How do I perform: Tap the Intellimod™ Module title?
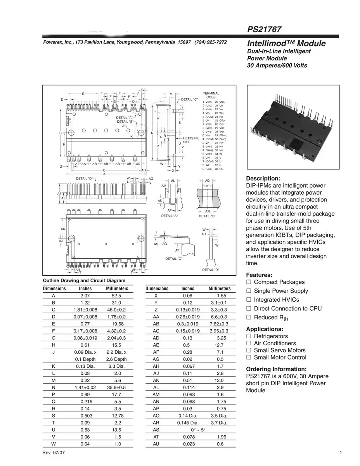click(x=286, y=43)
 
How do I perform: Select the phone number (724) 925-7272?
click(x=211, y=42)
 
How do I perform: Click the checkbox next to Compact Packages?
click(x=249, y=282)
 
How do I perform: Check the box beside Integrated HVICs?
click(x=249, y=300)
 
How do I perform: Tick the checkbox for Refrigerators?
click(x=249, y=336)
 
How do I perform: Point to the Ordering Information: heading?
click(x=276, y=369)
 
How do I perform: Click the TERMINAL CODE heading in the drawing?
click(x=211, y=95)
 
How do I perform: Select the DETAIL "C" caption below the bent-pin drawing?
click(x=173, y=259)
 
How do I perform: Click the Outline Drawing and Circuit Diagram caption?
click(x=84, y=280)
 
